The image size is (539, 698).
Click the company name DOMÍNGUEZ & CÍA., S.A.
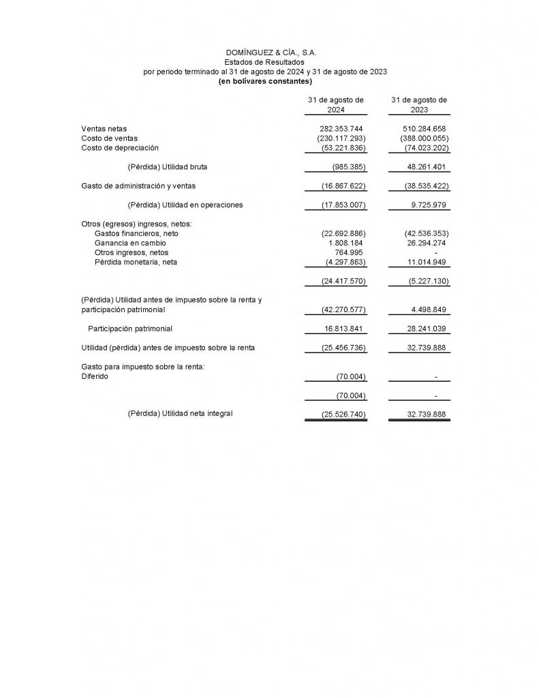(271, 52)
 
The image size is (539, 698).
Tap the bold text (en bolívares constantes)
(265, 81)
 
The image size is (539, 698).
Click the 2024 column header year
(336, 110)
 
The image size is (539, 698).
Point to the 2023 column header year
(419, 110)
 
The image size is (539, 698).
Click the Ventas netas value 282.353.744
(343, 128)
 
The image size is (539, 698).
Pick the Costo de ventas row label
(109, 138)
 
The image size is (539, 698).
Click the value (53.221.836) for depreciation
(343, 147)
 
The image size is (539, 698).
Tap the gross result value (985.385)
(349, 166)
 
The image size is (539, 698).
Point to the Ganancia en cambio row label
(130, 243)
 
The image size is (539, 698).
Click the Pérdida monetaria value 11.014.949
(425, 262)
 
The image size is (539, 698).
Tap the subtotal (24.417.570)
(343, 281)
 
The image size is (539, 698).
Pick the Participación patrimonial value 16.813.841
(343, 329)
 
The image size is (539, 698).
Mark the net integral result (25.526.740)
(343, 414)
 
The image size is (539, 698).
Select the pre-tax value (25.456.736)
(343, 348)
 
